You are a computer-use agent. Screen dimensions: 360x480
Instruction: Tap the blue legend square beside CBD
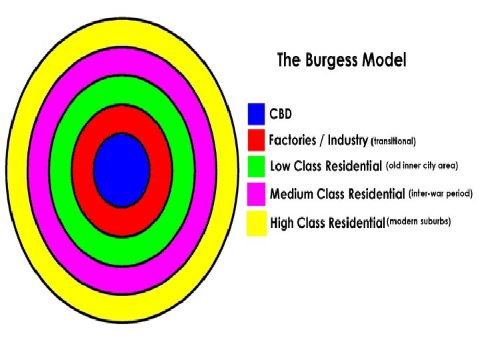click(257, 114)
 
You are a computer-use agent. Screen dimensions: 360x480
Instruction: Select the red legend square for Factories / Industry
click(257, 141)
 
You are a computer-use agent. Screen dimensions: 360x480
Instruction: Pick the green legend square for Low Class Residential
click(257, 167)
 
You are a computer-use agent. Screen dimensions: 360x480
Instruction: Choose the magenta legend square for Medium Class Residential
click(257, 194)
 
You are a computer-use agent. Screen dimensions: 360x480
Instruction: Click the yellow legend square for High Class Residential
click(257, 223)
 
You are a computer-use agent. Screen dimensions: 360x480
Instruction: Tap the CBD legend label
click(281, 114)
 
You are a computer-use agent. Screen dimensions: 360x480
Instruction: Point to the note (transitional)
click(393, 141)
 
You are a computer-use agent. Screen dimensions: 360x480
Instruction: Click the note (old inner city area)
click(422, 165)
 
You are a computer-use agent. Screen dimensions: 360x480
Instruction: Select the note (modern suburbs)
click(419, 222)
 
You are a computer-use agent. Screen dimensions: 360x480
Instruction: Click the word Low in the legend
click(281, 165)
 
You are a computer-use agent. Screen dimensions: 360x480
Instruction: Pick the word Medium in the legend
click(292, 194)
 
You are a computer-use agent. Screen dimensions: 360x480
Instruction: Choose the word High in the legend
click(283, 223)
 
